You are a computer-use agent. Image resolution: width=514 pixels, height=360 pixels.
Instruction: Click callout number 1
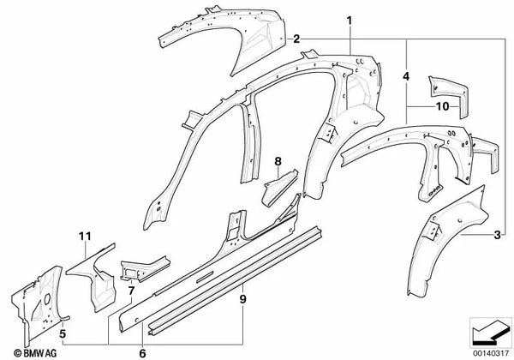point(350,19)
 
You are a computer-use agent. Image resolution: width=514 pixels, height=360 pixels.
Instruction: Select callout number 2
point(296,39)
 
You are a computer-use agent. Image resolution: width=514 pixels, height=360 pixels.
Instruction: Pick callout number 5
point(63,324)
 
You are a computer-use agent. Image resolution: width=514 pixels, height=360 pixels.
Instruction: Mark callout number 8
point(278,161)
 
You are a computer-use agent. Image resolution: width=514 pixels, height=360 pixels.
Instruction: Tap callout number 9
point(242,300)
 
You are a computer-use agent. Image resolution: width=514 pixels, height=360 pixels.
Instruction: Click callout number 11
point(84,236)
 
